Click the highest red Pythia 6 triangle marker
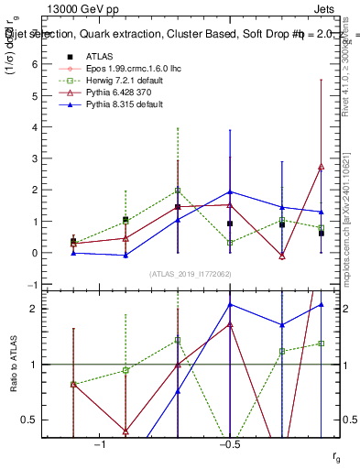point(322,168)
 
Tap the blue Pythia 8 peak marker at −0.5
point(230,192)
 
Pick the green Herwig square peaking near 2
point(178,191)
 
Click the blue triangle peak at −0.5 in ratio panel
point(230,304)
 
